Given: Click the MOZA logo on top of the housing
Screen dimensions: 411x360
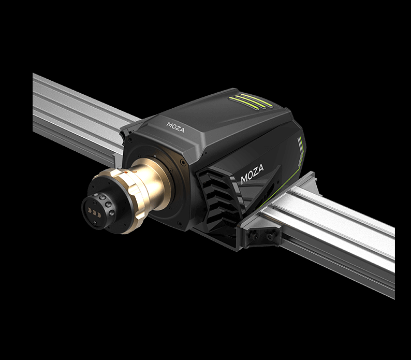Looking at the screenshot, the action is (175, 127).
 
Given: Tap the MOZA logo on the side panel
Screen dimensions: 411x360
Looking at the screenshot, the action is (252, 174).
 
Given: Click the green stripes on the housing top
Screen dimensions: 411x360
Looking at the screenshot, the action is (247, 102).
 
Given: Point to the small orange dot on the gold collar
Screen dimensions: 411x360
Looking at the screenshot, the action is (126, 172).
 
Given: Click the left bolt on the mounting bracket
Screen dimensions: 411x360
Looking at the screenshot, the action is (253, 235).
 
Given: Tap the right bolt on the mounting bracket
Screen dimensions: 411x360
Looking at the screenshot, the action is (269, 236).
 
